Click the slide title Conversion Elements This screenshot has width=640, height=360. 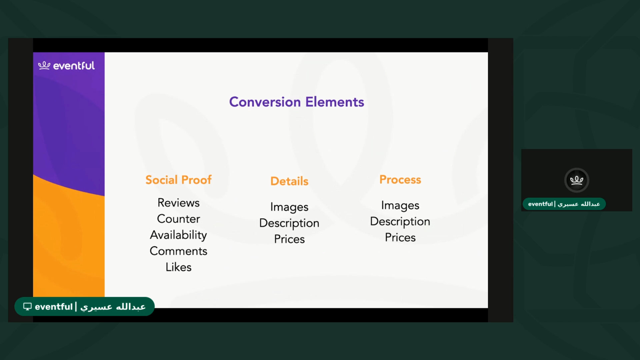coord(296,102)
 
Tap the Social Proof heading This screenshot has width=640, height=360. coord(178,180)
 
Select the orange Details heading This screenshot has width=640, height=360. coord(289,181)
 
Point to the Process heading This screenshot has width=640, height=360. coord(400,180)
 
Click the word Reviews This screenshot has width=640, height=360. coord(178,203)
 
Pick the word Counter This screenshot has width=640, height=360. coord(178,219)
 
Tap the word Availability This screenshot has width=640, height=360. coord(178,235)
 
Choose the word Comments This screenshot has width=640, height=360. coord(178,251)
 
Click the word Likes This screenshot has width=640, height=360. coord(178,267)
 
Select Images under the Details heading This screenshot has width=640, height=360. coord(289,207)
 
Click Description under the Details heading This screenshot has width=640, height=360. coord(289,223)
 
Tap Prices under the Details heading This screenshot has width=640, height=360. coord(289,239)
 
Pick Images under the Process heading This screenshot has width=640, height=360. coord(400,205)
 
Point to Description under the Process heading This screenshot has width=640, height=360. coord(400,221)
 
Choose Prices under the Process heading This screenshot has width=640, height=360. coord(400,237)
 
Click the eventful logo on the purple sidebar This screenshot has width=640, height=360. coord(66,66)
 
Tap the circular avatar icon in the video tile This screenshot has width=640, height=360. coord(577,180)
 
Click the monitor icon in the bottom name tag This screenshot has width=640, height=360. coord(27,306)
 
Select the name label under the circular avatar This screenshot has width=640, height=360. coord(564,204)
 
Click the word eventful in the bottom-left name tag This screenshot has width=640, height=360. coord(54,307)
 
